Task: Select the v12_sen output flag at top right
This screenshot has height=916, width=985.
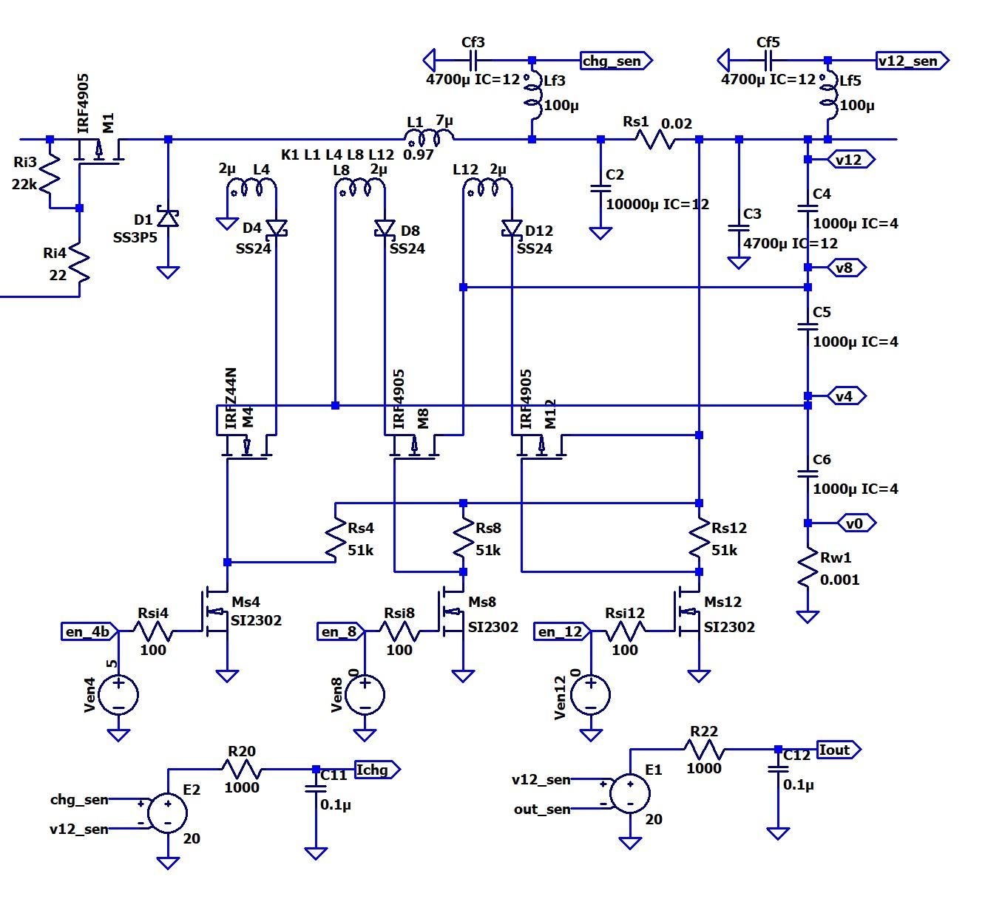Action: (x=911, y=61)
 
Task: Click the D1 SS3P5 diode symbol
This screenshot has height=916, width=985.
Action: (x=169, y=219)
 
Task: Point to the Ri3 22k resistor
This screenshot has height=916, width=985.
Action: (x=50, y=174)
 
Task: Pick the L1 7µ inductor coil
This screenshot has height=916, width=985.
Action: (x=429, y=138)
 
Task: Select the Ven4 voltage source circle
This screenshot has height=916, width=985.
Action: (x=118, y=694)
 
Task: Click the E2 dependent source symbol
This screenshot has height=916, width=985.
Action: (x=168, y=813)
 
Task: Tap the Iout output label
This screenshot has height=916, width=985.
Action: (x=838, y=750)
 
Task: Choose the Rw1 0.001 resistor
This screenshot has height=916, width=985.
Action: (x=808, y=569)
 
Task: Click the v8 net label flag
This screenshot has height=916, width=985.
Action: (x=847, y=268)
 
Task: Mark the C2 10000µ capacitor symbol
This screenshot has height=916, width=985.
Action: (x=600, y=190)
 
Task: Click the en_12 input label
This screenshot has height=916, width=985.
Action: (x=561, y=631)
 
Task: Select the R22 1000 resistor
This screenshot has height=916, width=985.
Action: (x=703, y=750)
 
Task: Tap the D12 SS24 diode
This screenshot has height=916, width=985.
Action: (x=511, y=229)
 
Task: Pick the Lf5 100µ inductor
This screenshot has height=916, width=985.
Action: (x=828, y=99)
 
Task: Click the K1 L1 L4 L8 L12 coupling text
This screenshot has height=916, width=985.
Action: (x=337, y=155)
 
